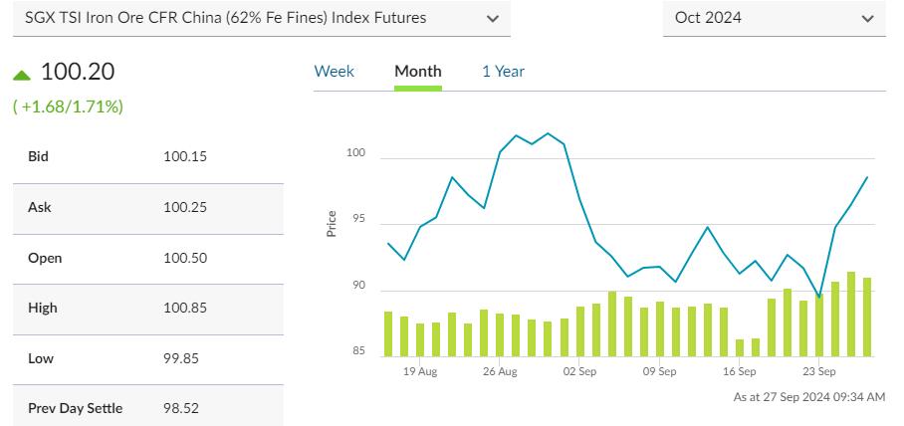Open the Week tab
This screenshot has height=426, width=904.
point(334,72)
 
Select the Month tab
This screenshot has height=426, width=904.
point(418,72)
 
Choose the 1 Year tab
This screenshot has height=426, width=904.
point(503,72)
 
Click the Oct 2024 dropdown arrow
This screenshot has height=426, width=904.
point(867,18)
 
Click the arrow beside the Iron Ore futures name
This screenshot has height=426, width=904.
point(492,18)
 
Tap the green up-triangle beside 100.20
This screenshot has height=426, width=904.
point(23,74)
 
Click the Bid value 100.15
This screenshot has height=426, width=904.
point(184,156)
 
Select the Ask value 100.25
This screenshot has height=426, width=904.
point(184,207)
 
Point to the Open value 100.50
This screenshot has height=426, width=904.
point(184,258)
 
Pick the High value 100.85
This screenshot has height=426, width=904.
point(184,309)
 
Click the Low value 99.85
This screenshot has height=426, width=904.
point(181,359)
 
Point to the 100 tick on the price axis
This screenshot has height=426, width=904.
point(356,154)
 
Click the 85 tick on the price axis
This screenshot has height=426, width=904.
point(358,350)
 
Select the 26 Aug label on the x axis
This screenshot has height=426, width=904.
point(500,372)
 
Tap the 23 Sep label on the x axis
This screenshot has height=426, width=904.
point(818,372)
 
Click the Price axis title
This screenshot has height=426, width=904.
point(332,224)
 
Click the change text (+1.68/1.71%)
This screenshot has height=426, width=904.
point(68,106)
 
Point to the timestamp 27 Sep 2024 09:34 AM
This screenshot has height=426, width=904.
point(808,397)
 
